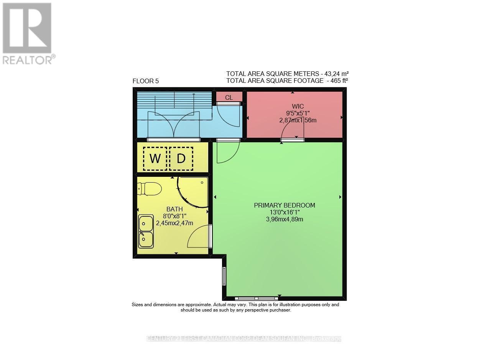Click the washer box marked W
tap(155, 158)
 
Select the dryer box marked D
tap(181, 158)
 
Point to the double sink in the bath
tap(146, 231)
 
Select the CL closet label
tap(229, 97)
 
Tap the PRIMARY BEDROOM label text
tap(285, 205)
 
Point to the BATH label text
tap(174, 209)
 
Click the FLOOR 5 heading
tap(145, 81)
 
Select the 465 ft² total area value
tap(337, 81)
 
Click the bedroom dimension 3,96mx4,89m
tap(285, 219)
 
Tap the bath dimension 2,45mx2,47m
tap(174, 223)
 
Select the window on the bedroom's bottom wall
tap(257, 298)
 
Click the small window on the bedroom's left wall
tap(224, 276)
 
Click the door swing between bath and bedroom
tap(199, 237)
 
